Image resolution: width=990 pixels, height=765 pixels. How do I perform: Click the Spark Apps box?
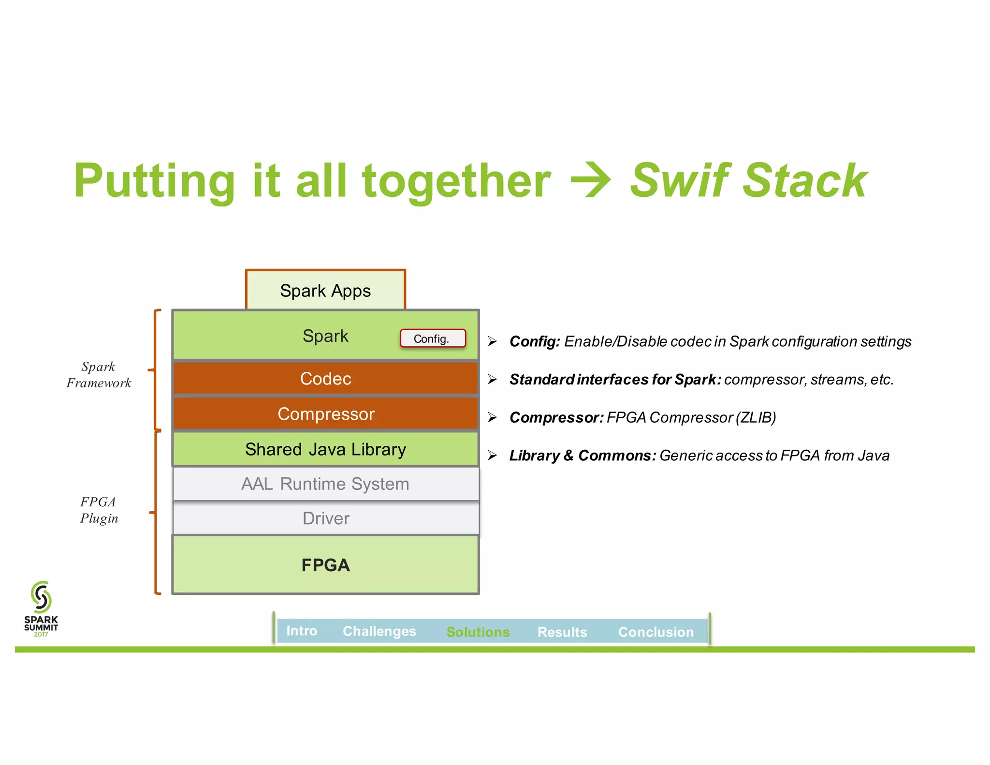click(x=325, y=291)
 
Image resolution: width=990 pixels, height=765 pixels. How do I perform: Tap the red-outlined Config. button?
click(x=433, y=338)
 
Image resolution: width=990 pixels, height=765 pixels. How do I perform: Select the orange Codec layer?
click(x=325, y=379)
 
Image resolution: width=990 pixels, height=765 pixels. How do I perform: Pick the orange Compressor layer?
click(x=325, y=414)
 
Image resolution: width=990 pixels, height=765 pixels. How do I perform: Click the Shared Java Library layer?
click(x=325, y=449)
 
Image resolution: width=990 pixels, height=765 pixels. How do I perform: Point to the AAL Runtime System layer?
click(x=325, y=484)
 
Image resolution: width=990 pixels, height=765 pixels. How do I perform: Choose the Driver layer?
click(x=325, y=518)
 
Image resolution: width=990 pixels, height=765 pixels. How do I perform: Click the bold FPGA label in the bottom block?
click(x=325, y=565)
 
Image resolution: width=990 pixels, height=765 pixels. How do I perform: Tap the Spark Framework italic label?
click(x=99, y=375)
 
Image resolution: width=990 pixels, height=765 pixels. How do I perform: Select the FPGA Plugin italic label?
click(x=99, y=510)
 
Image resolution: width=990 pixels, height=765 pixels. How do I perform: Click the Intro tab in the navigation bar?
click(x=302, y=631)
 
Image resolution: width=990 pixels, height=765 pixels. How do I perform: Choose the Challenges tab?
click(x=379, y=632)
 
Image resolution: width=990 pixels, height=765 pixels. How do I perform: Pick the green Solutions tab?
click(x=478, y=632)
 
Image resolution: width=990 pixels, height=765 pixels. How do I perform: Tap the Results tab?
click(x=562, y=632)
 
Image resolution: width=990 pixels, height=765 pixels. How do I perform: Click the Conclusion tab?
click(x=656, y=632)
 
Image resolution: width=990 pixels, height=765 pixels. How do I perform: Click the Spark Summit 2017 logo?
click(x=41, y=608)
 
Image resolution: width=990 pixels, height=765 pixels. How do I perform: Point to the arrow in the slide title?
click(x=591, y=180)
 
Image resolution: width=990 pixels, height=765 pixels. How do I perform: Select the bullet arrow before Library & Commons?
click(x=492, y=455)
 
